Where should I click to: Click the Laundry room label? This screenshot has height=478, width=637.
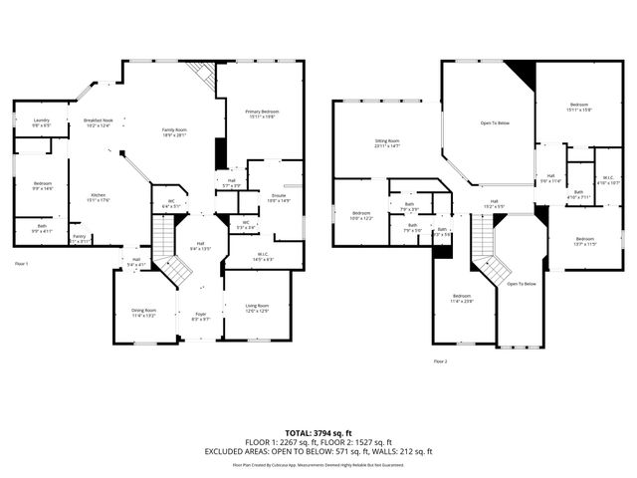click(41, 122)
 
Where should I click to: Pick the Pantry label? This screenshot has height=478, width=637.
click(79, 238)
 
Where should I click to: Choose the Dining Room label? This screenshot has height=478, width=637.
click(144, 312)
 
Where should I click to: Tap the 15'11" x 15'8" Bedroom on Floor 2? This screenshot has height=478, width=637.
click(579, 107)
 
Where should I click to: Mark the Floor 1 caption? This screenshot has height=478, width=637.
click(22, 263)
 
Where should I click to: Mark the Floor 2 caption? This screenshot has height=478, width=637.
click(440, 360)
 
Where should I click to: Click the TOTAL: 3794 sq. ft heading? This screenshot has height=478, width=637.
click(318, 433)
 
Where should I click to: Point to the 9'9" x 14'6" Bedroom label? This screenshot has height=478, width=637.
click(42, 186)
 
